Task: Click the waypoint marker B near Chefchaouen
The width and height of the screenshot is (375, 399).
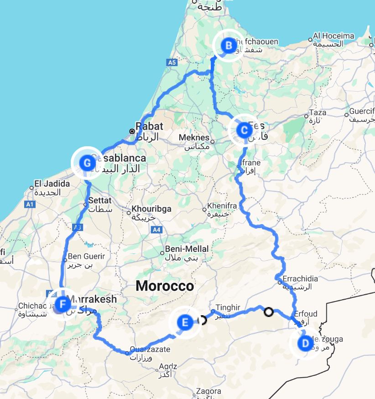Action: (x=228, y=45)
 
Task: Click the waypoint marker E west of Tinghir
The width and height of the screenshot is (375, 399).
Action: (x=185, y=323)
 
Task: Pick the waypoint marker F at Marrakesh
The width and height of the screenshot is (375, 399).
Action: (x=62, y=303)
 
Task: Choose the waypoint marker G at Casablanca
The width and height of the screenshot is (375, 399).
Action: (x=87, y=163)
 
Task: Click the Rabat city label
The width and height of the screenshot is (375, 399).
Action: (x=149, y=127)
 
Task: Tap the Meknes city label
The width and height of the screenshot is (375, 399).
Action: (x=194, y=138)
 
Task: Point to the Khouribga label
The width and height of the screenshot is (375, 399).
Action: (x=151, y=209)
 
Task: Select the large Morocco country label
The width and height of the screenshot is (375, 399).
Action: (x=165, y=286)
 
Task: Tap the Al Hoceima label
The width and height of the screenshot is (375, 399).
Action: (x=333, y=36)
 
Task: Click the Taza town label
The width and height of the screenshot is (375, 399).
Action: (x=318, y=113)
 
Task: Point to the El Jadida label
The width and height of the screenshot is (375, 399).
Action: (x=52, y=184)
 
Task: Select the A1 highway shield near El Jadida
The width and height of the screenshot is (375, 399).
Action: (x=30, y=205)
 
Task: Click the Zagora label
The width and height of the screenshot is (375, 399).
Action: (x=208, y=391)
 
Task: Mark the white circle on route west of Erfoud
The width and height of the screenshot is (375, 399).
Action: (x=269, y=312)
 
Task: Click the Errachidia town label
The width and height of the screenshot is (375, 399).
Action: (x=300, y=279)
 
